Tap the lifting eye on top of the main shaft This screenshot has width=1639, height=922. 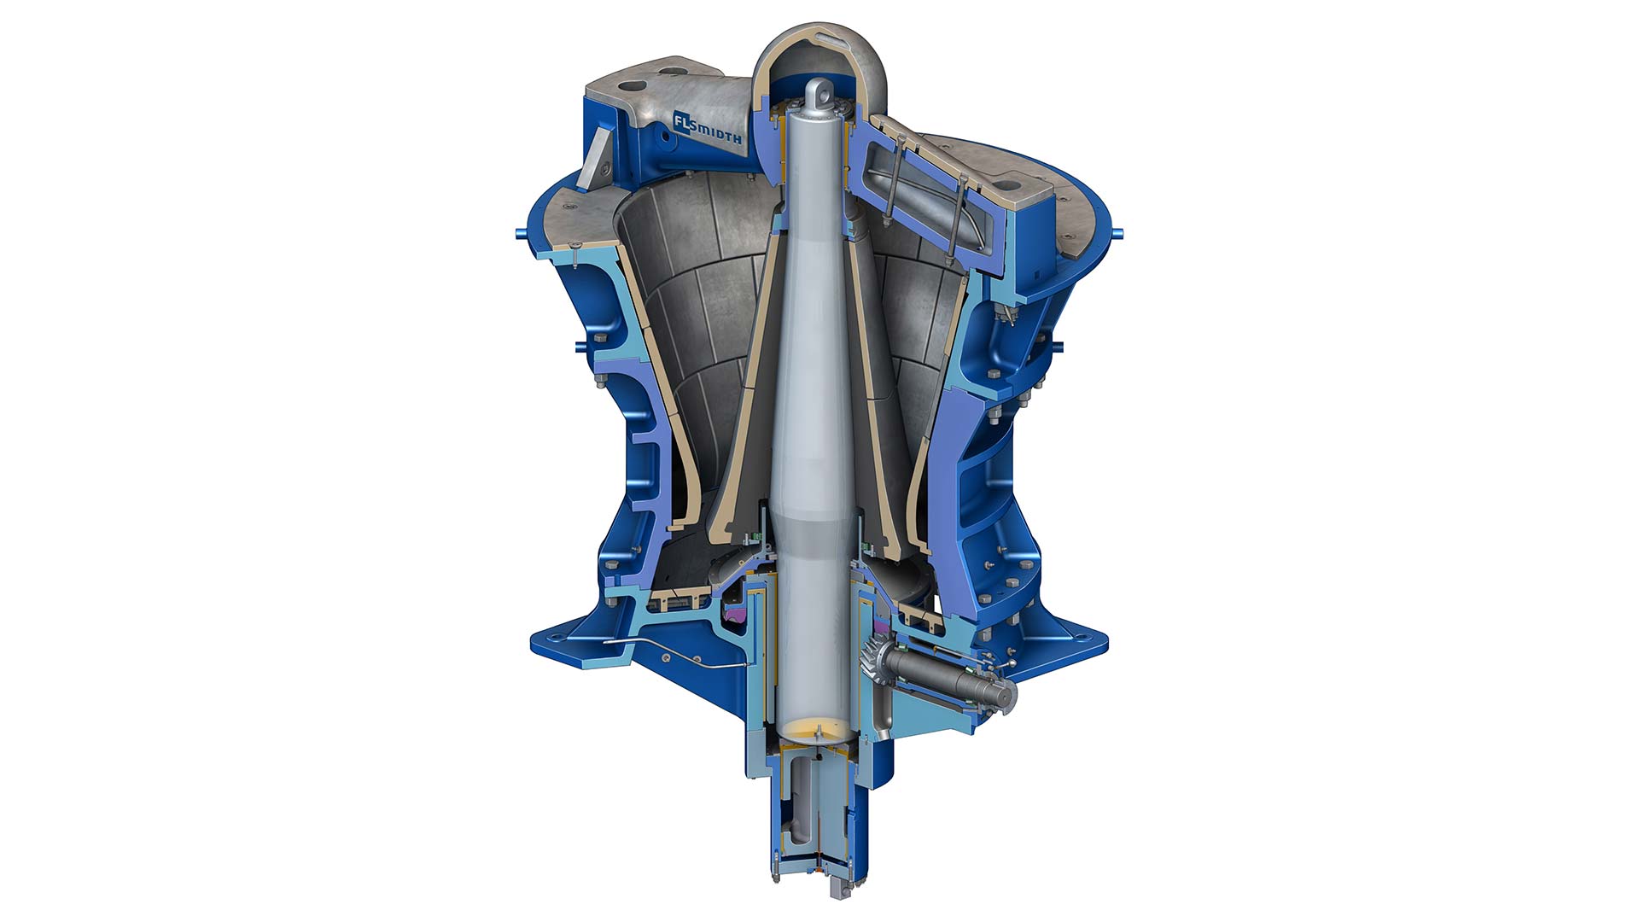819,90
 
